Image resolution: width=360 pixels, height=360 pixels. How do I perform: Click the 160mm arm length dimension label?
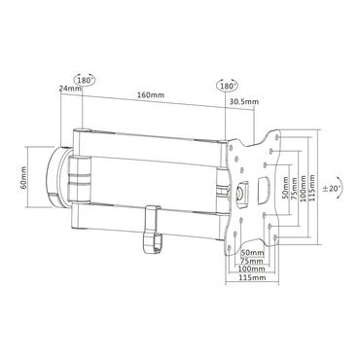point(148,96)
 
